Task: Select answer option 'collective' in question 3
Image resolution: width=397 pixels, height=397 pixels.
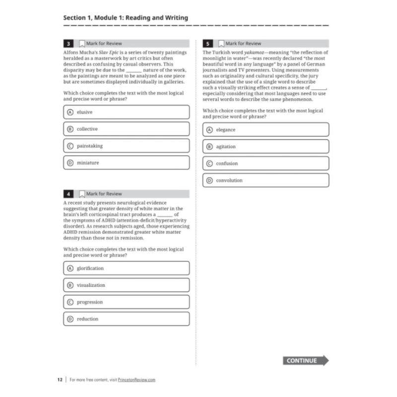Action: pos(127,129)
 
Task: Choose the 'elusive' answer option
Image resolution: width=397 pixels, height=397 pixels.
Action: pos(127,112)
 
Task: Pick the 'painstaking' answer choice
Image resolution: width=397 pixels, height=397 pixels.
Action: pos(127,146)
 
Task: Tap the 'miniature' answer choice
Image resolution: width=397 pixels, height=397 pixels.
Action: pos(127,163)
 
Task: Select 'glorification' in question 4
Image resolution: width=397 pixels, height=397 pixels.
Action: pos(127,268)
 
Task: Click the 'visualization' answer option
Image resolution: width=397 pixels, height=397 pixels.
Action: pos(127,285)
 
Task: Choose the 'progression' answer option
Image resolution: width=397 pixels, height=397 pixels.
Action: pos(127,302)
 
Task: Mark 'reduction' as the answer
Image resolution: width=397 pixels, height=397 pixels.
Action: pos(127,319)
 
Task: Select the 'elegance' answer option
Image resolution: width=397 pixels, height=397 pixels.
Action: pos(266,130)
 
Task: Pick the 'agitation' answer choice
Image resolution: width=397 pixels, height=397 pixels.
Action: pos(266,147)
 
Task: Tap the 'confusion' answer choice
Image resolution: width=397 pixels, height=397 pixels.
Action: pos(266,164)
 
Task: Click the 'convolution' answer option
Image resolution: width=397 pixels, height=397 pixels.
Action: pos(266,181)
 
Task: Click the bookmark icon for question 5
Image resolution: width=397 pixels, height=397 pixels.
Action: pos(221,44)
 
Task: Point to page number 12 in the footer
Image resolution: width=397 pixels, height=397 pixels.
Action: pos(60,380)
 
